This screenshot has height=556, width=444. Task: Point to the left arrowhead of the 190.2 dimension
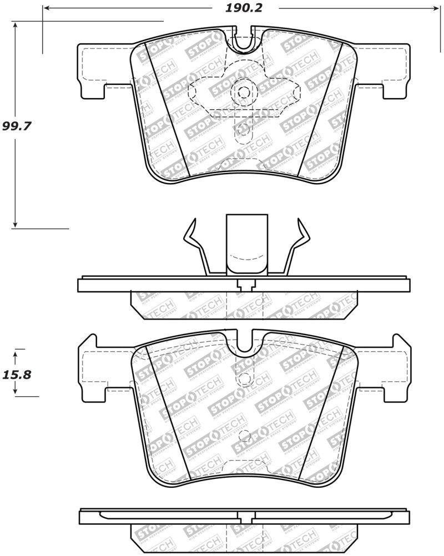pos(47,8)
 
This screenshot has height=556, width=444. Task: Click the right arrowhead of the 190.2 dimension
pos(436,8)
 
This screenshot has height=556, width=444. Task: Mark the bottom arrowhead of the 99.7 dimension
pos(16,224)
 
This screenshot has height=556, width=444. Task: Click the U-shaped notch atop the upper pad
pos(244,41)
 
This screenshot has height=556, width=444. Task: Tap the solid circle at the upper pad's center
pos(244,93)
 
